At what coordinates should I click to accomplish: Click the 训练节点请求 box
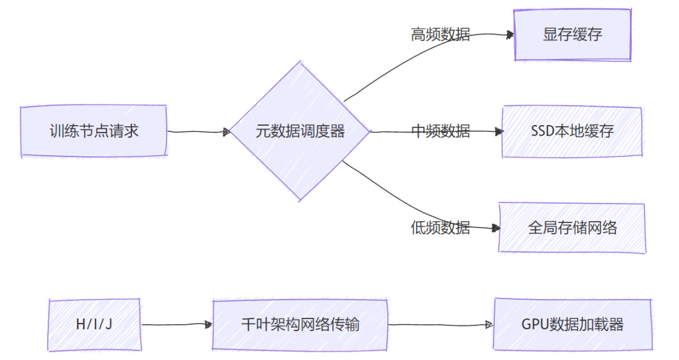tap(94, 131)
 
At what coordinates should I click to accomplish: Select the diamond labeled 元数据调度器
tap(301, 131)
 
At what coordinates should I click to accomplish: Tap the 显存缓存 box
tap(572, 35)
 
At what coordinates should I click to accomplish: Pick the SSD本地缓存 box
tap(572, 132)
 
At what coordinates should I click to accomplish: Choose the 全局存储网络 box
tap(572, 227)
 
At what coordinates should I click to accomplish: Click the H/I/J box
tap(94, 325)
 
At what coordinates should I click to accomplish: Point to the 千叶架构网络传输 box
tap(300, 325)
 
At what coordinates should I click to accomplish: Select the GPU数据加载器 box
tap(572, 325)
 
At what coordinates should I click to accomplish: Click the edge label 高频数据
tap(440, 35)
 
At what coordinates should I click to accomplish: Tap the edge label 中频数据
tap(440, 131)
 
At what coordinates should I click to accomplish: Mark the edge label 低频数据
tap(440, 227)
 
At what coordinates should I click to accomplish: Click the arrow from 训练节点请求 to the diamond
tap(198, 132)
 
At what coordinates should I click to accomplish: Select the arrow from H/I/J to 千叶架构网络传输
tap(176, 325)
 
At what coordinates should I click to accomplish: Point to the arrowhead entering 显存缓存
tap(510, 36)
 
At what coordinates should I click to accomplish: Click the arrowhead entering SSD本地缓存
tap(499, 132)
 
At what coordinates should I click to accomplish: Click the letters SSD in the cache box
tap(543, 132)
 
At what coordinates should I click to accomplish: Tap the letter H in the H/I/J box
tap(79, 325)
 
